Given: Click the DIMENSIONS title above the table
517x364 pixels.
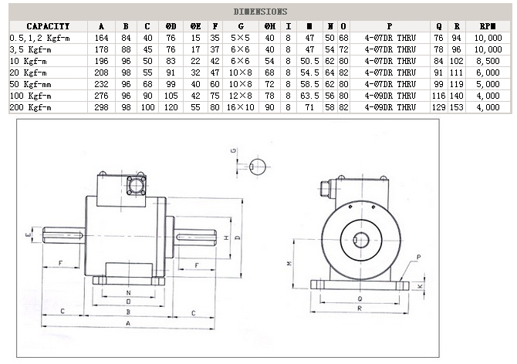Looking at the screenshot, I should point(259,12).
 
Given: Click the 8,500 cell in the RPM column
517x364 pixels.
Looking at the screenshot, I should point(488,59).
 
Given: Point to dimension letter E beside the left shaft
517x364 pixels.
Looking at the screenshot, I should point(27,234).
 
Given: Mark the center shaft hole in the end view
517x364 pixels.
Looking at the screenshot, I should point(360,240).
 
